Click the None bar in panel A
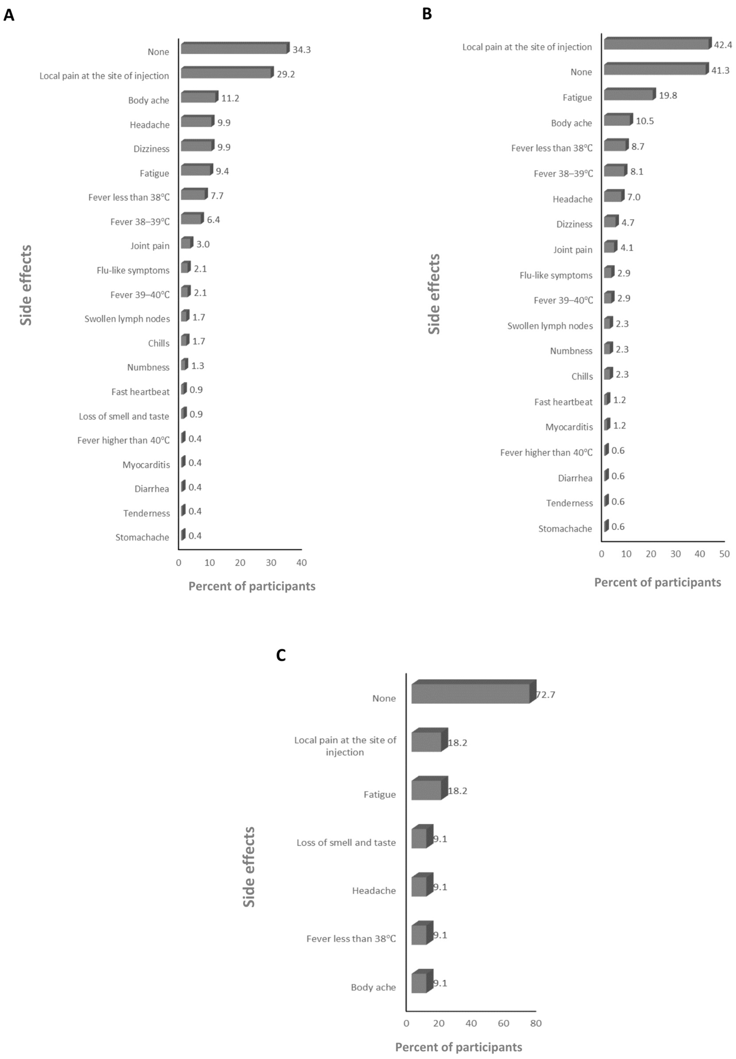tap(234, 48)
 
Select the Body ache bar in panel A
tap(198, 97)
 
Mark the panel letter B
tap(427, 14)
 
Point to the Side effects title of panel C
tap(249, 867)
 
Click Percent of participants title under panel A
tap(252, 586)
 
